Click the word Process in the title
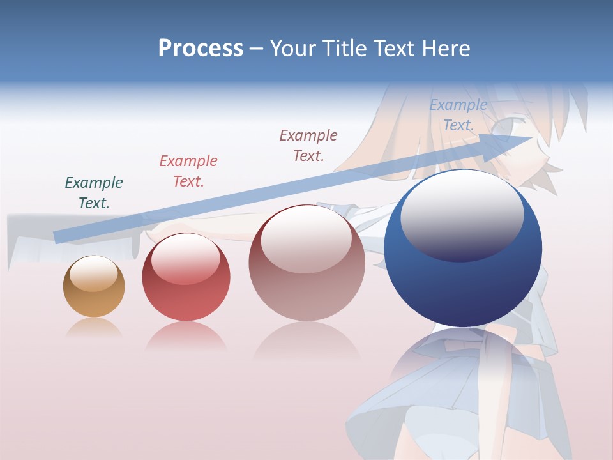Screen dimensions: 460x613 pos(201,49)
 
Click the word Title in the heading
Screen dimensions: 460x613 pos(346,49)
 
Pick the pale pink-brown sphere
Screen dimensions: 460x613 pos(306,263)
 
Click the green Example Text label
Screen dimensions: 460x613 pos(94,193)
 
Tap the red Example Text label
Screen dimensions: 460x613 pos(188,171)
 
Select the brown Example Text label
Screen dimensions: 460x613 pos(308,146)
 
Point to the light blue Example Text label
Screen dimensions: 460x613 pos(458,115)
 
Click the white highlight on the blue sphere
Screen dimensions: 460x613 pos(462,214)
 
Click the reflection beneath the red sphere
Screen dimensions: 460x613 pos(186,336)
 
